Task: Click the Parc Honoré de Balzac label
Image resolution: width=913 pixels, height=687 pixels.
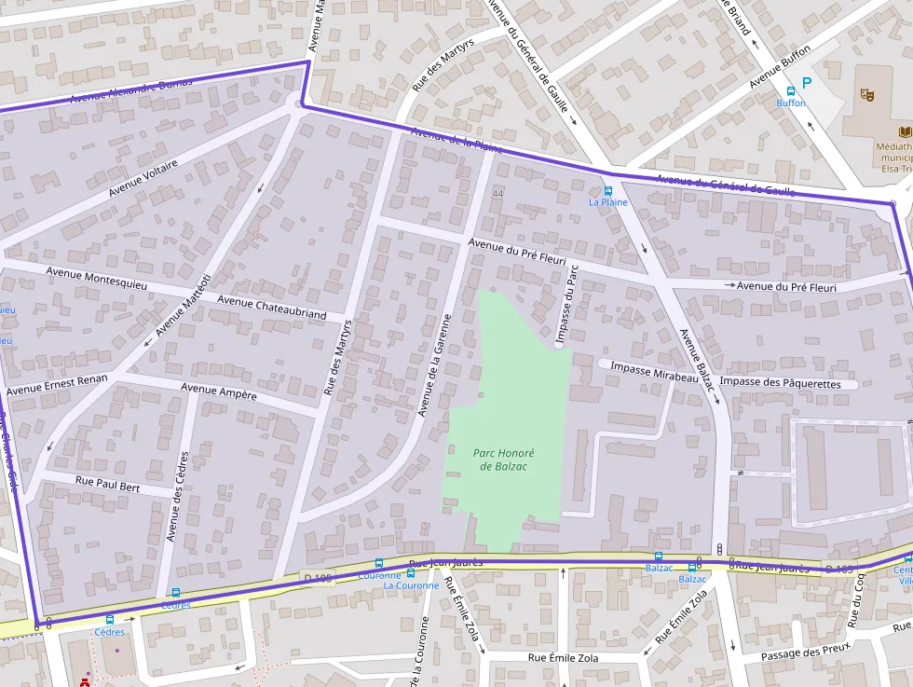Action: [x=504, y=460]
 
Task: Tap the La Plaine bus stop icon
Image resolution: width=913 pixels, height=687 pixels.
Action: [x=608, y=190]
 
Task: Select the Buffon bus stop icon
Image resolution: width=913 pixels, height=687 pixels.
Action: [x=791, y=91]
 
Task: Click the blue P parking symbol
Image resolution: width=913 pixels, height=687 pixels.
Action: [x=807, y=83]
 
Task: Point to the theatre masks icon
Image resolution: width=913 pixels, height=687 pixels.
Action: [x=866, y=93]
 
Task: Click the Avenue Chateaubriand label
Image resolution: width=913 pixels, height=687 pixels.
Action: [x=271, y=308]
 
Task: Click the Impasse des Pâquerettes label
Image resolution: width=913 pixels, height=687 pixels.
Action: [x=780, y=383]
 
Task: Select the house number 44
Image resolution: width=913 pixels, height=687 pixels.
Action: [x=497, y=194]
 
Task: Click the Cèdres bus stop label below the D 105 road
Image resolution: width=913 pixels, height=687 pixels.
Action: [x=109, y=632]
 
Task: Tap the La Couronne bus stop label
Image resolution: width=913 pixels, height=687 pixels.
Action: [x=411, y=585]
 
